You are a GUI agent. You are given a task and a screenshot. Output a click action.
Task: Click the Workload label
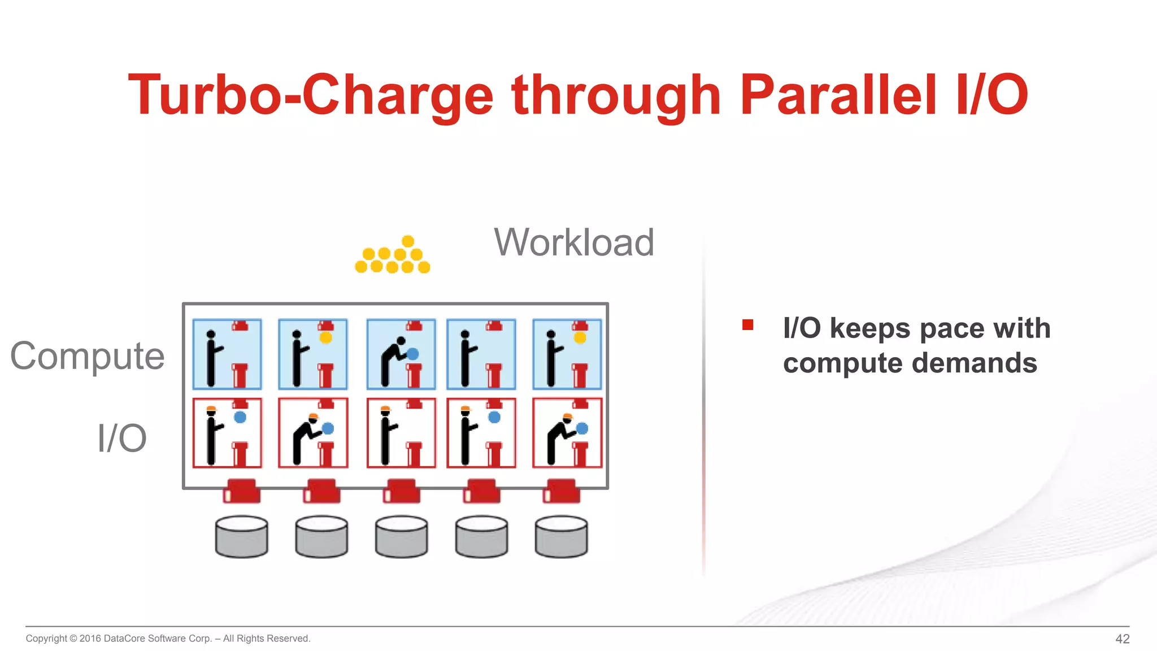574,242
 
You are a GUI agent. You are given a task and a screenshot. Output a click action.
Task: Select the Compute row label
88,356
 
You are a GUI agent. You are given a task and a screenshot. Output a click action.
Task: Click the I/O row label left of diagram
122,438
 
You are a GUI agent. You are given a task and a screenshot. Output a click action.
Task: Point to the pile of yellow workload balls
393,257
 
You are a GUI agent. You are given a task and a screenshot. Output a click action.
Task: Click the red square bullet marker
747,325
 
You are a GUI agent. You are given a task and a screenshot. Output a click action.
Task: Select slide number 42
1122,639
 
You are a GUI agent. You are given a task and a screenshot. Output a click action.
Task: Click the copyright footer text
168,639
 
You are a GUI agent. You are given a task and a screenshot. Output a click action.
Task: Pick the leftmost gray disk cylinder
242,536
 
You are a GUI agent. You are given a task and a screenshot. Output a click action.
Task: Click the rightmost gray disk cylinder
561,536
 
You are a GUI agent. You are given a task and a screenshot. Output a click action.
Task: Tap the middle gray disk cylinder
402,536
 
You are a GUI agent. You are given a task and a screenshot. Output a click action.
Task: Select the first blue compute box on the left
227,354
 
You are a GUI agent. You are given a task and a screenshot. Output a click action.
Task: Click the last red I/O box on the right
567,433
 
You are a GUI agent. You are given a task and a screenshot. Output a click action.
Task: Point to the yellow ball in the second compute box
326,338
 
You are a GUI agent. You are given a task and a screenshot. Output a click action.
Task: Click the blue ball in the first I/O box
240,417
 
